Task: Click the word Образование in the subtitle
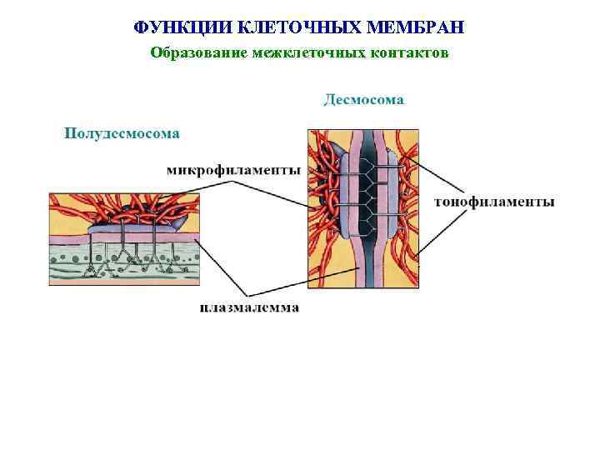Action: point(192,53)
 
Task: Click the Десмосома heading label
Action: point(363,100)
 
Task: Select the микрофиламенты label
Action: point(233,171)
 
